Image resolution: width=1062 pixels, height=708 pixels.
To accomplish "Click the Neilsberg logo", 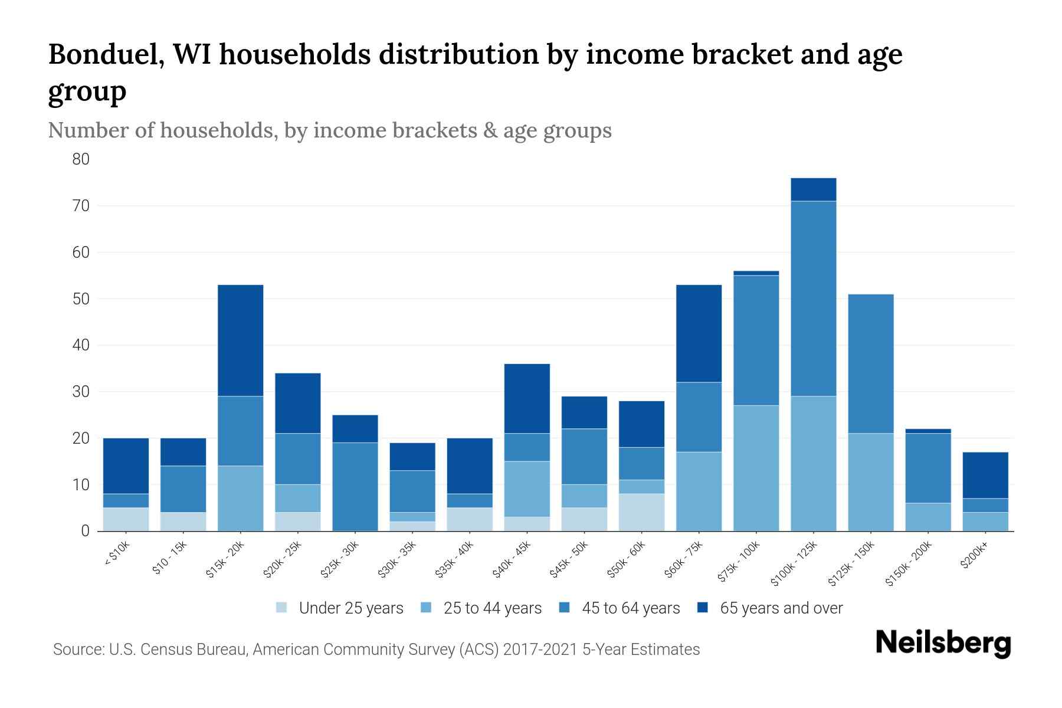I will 943,643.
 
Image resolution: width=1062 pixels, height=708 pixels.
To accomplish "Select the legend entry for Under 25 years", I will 350,608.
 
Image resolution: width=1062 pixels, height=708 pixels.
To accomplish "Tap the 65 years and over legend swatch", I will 703,608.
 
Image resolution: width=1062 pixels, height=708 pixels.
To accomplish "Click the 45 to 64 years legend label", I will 630,608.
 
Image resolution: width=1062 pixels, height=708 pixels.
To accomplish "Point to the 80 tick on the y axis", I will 81,159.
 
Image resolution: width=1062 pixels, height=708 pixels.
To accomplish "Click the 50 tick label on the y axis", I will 81,299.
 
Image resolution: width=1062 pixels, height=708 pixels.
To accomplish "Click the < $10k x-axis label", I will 117,555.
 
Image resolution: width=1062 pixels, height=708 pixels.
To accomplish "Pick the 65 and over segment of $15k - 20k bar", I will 241,340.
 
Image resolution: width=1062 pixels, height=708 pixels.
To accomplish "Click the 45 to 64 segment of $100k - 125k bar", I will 814,299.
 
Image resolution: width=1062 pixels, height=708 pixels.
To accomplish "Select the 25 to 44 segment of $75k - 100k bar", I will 756,468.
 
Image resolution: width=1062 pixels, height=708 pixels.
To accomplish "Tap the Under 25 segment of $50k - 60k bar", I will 641,512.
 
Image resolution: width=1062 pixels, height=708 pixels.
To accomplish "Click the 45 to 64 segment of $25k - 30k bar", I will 355,487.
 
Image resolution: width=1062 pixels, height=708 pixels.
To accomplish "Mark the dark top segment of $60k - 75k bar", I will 699,333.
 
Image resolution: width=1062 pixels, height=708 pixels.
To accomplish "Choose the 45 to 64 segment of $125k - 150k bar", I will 870,363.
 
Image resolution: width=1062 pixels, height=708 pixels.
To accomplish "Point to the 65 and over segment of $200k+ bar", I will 985,475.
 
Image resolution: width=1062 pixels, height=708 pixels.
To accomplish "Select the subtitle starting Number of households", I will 329,130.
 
